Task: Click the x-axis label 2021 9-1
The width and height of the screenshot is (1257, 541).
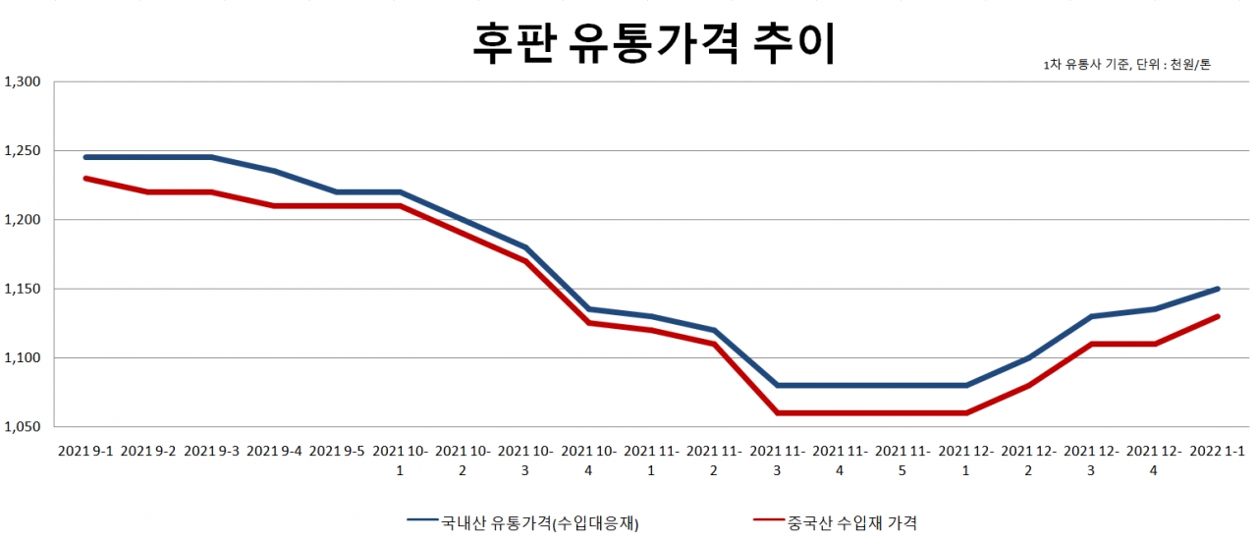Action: click(85, 452)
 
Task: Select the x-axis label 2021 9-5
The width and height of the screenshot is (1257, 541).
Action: click(338, 452)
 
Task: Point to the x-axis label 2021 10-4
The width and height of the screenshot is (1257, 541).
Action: click(590, 460)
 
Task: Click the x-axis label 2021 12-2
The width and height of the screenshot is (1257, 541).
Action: click(1028, 460)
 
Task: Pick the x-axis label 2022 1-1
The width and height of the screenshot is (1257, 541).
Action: click(1218, 452)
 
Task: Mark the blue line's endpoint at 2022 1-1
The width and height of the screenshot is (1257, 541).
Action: click(1218, 289)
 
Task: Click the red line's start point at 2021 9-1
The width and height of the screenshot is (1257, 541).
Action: click(85, 179)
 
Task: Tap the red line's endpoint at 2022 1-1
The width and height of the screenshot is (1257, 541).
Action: click(1218, 316)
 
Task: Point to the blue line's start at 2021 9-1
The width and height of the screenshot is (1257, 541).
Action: click(85, 157)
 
